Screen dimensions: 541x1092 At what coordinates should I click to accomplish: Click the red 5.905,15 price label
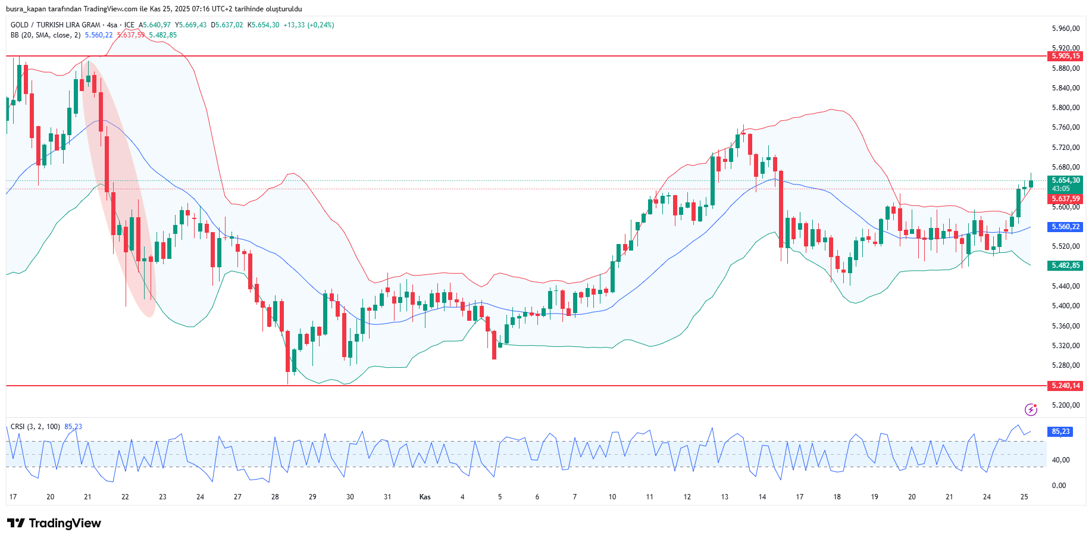(1065, 56)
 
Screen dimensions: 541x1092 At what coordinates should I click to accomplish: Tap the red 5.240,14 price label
(1065, 386)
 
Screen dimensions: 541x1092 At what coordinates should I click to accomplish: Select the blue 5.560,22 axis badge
(1065, 227)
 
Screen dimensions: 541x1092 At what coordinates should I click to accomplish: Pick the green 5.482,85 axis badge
(1065, 265)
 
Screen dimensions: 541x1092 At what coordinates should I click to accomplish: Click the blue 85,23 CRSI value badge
(1060, 431)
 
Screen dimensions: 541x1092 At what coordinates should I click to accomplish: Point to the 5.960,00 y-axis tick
(1065, 29)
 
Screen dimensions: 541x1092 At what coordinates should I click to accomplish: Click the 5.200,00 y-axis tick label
(1065, 405)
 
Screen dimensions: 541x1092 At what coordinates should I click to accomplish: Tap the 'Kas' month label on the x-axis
(425, 497)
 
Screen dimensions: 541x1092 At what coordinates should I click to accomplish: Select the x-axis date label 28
(275, 497)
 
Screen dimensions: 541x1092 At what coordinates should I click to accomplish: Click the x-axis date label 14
(762, 497)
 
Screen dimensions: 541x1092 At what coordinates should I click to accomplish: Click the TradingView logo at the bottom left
(54, 523)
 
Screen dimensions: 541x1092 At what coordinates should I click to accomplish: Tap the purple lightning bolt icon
(1031, 409)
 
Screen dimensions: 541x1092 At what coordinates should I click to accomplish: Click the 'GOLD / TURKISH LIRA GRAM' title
(55, 25)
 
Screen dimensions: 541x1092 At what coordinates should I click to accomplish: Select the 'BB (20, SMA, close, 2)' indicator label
(45, 35)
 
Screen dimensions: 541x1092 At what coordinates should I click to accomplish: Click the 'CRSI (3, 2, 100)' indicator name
(35, 427)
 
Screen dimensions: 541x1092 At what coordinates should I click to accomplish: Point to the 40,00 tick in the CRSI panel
(1060, 460)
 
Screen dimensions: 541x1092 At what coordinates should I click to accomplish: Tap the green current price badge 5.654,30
(1065, 180)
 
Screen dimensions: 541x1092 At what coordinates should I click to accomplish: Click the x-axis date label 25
(1024, 497)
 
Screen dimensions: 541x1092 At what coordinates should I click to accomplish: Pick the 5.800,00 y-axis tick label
(1065, 108)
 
